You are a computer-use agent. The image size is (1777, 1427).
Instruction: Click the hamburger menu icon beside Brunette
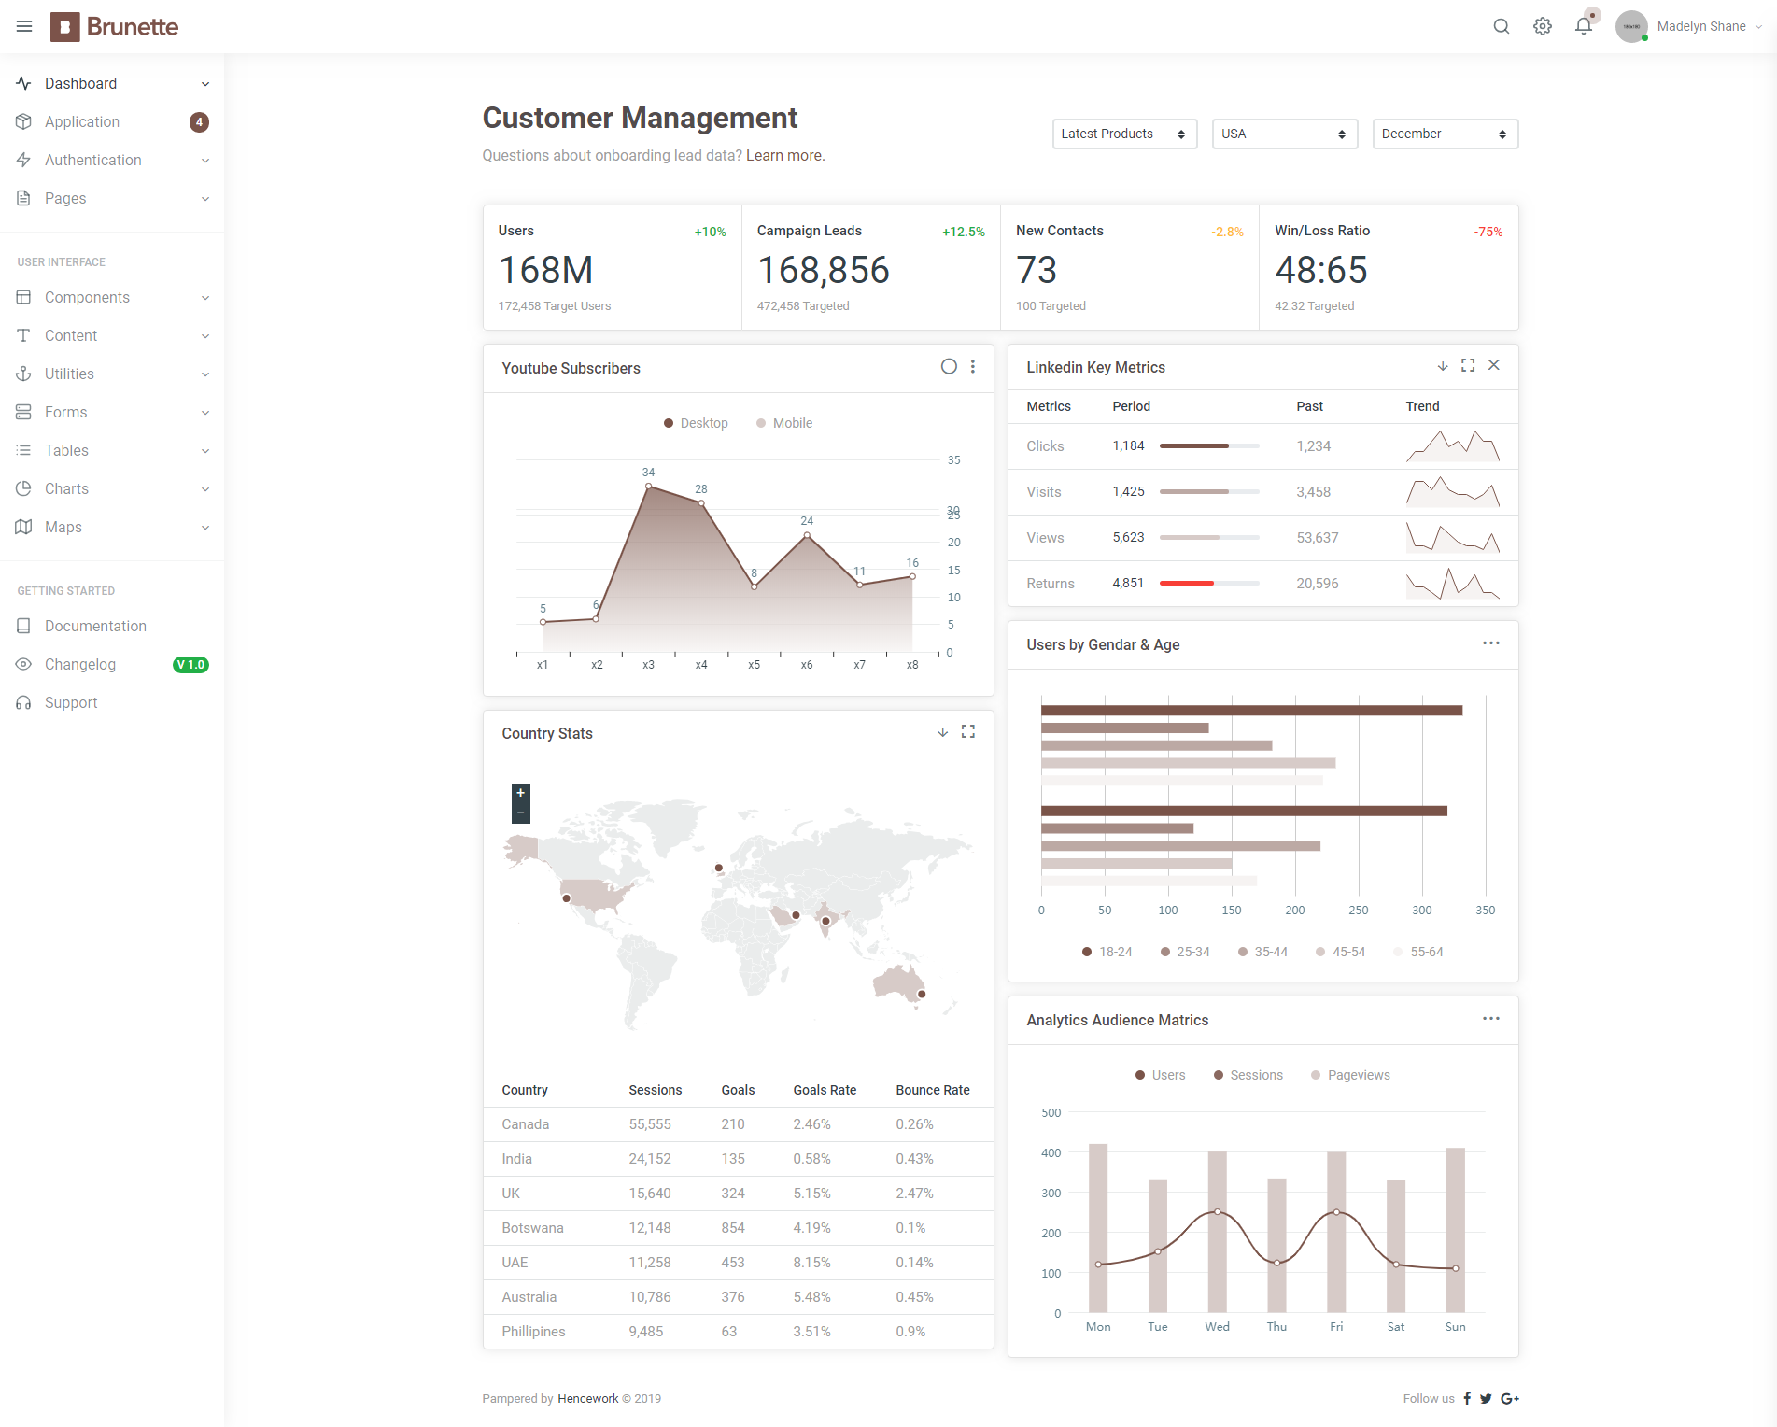tap(24, 26)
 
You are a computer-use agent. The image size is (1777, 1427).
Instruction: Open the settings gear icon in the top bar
tap(1543, 26)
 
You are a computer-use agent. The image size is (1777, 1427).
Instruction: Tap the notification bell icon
tap(1584, 26)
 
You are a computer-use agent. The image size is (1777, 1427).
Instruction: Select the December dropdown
tap(1445, 134)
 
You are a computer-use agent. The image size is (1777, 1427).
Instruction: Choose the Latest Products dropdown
tap(1124, 134)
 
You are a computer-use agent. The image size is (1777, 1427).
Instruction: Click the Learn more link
tap(785, 156)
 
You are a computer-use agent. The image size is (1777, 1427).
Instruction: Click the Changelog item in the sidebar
tap(80, 664)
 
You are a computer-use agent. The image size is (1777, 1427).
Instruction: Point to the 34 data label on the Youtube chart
tap(648, 473)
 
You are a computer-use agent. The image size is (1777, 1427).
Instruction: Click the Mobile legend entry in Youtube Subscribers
tap(784, 423)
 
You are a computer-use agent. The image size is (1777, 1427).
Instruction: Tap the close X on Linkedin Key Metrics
tap(1494, 365)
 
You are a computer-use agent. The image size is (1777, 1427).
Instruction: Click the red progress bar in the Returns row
tap(1186, 584)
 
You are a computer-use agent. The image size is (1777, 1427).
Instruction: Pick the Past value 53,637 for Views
tap(1317, 538)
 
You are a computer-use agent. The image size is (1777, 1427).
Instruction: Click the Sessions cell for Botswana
tap(650, 1228)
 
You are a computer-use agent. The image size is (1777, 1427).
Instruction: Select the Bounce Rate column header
tap(933, 1090)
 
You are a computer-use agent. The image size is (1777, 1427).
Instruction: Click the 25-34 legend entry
tap(1185, 952)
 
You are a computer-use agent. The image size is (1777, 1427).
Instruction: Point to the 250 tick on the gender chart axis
tap(1358, 911)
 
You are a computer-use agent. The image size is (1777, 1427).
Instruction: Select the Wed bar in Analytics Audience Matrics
tap(1217, 1232)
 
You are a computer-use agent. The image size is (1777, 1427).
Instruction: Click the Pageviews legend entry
tap(1350, 1075)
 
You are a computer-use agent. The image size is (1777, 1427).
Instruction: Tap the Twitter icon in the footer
tap(1486, 1398)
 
